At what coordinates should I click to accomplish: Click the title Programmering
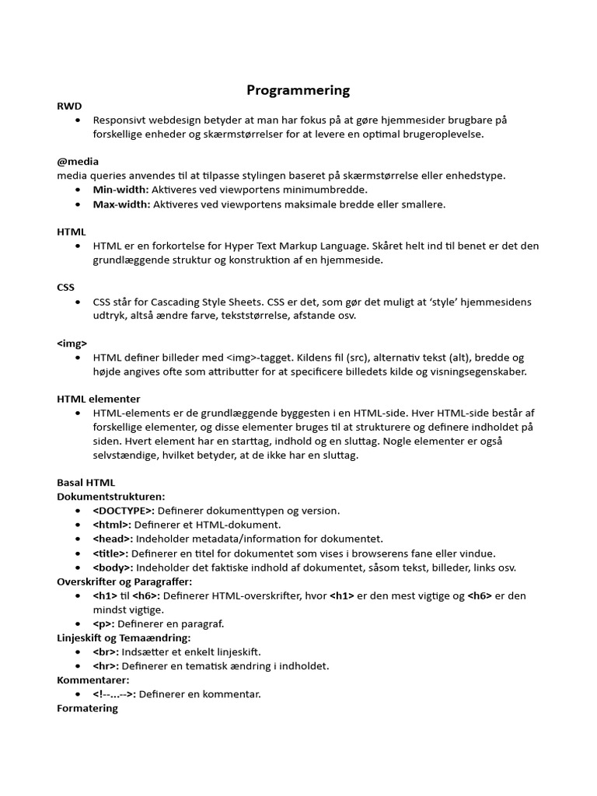[x=298, y=90]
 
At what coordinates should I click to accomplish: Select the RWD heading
[x=69, y=106]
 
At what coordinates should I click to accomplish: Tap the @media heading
[x=77, y=161]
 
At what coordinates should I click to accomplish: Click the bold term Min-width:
[x=120, y=190]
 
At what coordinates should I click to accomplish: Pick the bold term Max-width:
[x=122, y=204]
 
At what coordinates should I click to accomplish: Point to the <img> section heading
[x=72, y=343]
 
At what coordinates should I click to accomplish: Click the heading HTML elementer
[x=99, y=399]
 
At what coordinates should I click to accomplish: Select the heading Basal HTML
[x=86, y=483]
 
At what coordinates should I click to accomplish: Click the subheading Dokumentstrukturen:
[x=111, y=497]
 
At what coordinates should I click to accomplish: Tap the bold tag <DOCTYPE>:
[x=124, y=511]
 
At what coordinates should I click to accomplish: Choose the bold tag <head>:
[x=113, y=539]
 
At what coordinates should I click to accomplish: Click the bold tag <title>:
[x=110, y=553]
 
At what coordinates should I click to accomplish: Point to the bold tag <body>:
[x=113, y=567]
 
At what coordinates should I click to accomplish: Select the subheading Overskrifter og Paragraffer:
[x=124, y=581]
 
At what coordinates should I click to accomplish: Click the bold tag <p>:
[x=103, y=623]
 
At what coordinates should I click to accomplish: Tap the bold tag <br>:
[x=106, y=651]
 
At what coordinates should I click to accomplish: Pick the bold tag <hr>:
[x=106, y=666]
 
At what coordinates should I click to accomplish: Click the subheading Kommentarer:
[x=93, y=679]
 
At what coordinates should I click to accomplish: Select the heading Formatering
[x=88, y=708]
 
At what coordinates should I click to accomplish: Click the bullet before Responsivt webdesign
[x=79, y=120]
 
